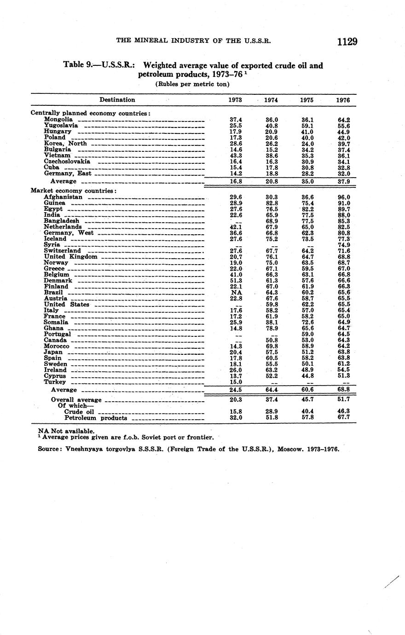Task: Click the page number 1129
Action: [x=347, y=42]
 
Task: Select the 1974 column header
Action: [x=272, y=100]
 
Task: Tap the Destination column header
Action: [x=117, y=100]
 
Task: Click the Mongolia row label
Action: [x=58, y=120]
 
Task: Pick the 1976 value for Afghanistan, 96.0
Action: [x=343, y=197]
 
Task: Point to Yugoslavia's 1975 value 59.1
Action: [x=307, y=126]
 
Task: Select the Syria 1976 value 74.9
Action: [x=343, y=245]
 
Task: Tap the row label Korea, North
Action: [x=65, y=144]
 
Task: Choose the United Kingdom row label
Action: [x=70, y=257]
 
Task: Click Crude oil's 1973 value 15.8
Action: [x=236, y=412]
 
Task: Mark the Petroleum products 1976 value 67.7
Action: [x=343, y=418]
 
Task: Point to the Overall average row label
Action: [x=76, y=400]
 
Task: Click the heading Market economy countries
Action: [x=73, y=190]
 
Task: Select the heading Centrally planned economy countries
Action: [x=91, y=113]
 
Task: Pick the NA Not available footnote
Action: [x=67, y=431]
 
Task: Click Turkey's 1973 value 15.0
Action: [x=236, y=382]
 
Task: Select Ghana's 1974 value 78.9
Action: [x=272, y=329]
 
